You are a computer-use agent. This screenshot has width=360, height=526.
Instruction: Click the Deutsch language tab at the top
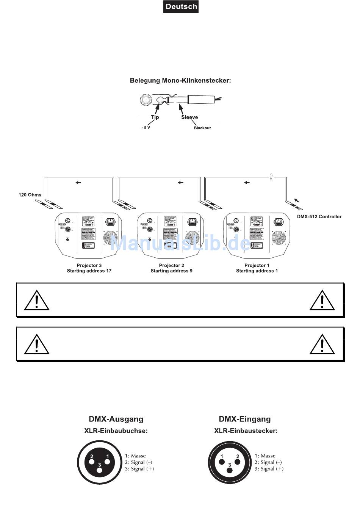[x=181, y=6]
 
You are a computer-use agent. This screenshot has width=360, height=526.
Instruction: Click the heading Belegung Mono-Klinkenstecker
[x=180, y=80]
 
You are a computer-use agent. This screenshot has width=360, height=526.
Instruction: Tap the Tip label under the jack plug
[x=155, y=117]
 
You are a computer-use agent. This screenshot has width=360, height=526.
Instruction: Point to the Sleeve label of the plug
[x=189, y=117]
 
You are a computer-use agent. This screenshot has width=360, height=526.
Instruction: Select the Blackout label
[x=202, y=128]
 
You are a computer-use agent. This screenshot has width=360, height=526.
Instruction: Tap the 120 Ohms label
[x=30, y=195]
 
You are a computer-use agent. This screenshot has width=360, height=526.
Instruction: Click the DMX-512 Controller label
[x=319, y=217]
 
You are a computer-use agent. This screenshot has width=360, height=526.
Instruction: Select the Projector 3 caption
[x=89, y=265]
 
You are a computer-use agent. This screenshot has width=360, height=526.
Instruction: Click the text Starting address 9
[x=171, y=271]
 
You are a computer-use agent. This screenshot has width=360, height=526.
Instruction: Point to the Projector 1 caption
[x=257, y=265]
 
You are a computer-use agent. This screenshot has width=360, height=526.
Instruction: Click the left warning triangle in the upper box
[x=37, y=300]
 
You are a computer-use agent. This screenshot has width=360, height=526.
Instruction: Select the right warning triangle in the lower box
[x=322, y=344]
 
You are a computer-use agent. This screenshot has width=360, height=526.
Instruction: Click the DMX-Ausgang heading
[x=116, y=419]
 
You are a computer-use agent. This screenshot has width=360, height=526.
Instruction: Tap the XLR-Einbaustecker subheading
[x=246, y=431]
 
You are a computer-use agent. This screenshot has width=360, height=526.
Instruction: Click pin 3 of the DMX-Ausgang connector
[x=100, y=470]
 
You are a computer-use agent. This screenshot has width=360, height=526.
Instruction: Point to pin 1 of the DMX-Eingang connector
[x=221, y=462]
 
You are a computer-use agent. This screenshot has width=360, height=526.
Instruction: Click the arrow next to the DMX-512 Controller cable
[x=296, y=199]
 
